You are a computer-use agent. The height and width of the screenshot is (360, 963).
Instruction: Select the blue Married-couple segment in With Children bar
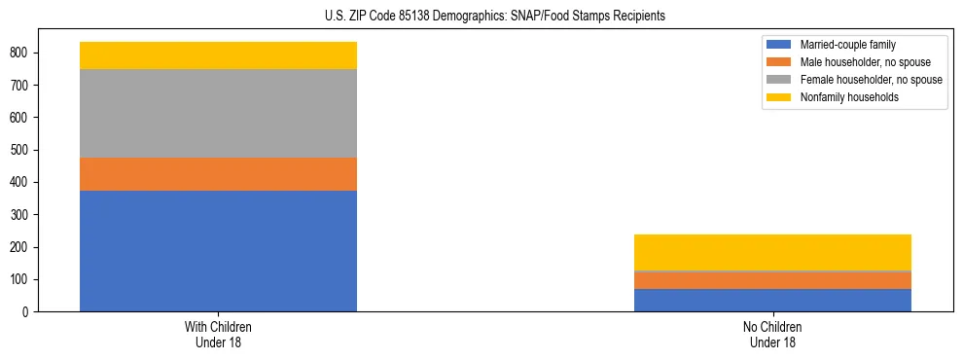click(x=218, y=251)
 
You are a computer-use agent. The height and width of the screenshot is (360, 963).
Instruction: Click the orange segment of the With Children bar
click(x=218, y=174)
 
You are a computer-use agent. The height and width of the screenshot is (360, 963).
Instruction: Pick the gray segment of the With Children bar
click(x=218, y=114)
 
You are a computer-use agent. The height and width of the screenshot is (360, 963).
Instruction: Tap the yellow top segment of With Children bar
click(x=218, y=55)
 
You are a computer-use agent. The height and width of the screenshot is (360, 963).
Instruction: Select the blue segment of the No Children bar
click(x=772, y=300)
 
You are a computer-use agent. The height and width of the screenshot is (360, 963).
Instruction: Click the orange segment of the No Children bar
click(x=772, y=280)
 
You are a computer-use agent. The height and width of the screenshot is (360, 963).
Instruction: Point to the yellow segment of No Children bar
click(x=772, y=252)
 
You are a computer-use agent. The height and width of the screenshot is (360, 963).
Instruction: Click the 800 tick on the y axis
click(x=19, y=53)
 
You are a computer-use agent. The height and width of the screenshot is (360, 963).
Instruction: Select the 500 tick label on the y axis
click(x=19, y=150)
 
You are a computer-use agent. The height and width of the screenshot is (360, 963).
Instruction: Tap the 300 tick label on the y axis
click(x=19, y=215)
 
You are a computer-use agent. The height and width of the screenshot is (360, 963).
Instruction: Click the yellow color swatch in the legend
click(x=779, y=97)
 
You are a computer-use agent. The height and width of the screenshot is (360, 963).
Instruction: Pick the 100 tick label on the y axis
click(x=19, y=280)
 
